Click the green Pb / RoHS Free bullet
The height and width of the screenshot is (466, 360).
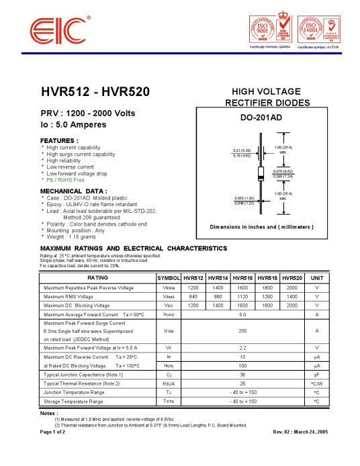(x=65, y=180)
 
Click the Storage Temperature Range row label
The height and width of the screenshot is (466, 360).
(x=73, y=401)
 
